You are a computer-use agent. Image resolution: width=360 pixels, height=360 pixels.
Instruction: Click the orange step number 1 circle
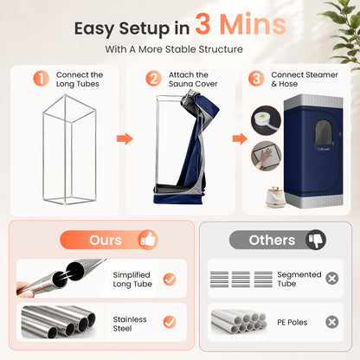[42, 79]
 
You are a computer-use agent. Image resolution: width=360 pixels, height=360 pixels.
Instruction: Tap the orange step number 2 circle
[153, 79]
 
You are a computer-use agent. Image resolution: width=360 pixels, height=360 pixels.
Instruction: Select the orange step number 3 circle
[256, 79]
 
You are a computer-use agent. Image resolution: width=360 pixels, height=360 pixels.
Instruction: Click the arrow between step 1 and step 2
[125, 138]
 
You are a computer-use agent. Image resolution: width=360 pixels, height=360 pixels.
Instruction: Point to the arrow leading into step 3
[240, 138]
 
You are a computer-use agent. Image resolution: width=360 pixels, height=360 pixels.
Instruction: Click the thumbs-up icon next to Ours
[148, 240]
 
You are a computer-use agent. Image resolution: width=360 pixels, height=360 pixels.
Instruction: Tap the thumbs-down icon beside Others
[316, 240]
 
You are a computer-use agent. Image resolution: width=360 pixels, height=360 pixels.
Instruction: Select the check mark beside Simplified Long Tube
[170, 280]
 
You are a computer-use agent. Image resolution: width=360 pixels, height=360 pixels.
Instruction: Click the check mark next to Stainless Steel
[170, 322]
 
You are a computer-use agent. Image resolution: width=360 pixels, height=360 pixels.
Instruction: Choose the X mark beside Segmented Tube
[332, 279]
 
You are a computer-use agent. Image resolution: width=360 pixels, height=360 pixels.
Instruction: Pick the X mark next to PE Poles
[332, 322]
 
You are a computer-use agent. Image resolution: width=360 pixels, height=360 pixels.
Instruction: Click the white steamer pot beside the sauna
[275, 197]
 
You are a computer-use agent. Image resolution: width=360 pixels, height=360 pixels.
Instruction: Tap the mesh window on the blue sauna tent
[323, 132]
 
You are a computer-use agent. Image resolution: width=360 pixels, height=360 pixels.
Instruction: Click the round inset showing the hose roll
[266, 120]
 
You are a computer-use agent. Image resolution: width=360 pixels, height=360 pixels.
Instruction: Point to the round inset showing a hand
[266, 156]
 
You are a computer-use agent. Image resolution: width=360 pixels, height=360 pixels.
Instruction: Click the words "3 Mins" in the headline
[241, 24]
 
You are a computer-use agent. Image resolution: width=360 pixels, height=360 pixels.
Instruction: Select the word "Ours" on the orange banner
[106, 240]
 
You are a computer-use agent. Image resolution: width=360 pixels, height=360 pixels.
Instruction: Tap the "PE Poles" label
[292, 322]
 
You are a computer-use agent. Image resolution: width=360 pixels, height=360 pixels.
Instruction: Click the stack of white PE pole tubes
[239, 322]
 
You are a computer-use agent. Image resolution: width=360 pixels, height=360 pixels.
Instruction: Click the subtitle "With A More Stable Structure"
[174, 49]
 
